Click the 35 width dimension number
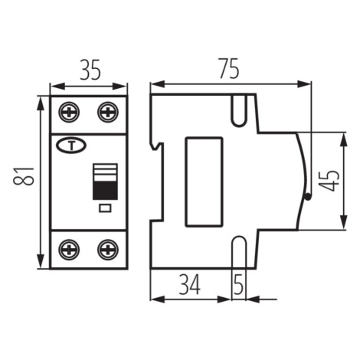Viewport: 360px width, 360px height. (90, 70)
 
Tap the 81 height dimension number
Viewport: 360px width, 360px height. (24, 176)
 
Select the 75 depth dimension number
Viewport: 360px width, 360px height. (229, 68)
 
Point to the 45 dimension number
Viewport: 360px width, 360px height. (329, 181)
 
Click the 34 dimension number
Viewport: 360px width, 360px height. (189, 285)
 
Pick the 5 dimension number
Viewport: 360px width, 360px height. (238, 285)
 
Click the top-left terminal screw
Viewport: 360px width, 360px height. (69, 112)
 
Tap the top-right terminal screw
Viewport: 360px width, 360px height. (108, 112)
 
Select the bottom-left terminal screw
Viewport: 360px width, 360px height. (69, 250)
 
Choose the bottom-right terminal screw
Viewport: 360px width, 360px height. (108, 250)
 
